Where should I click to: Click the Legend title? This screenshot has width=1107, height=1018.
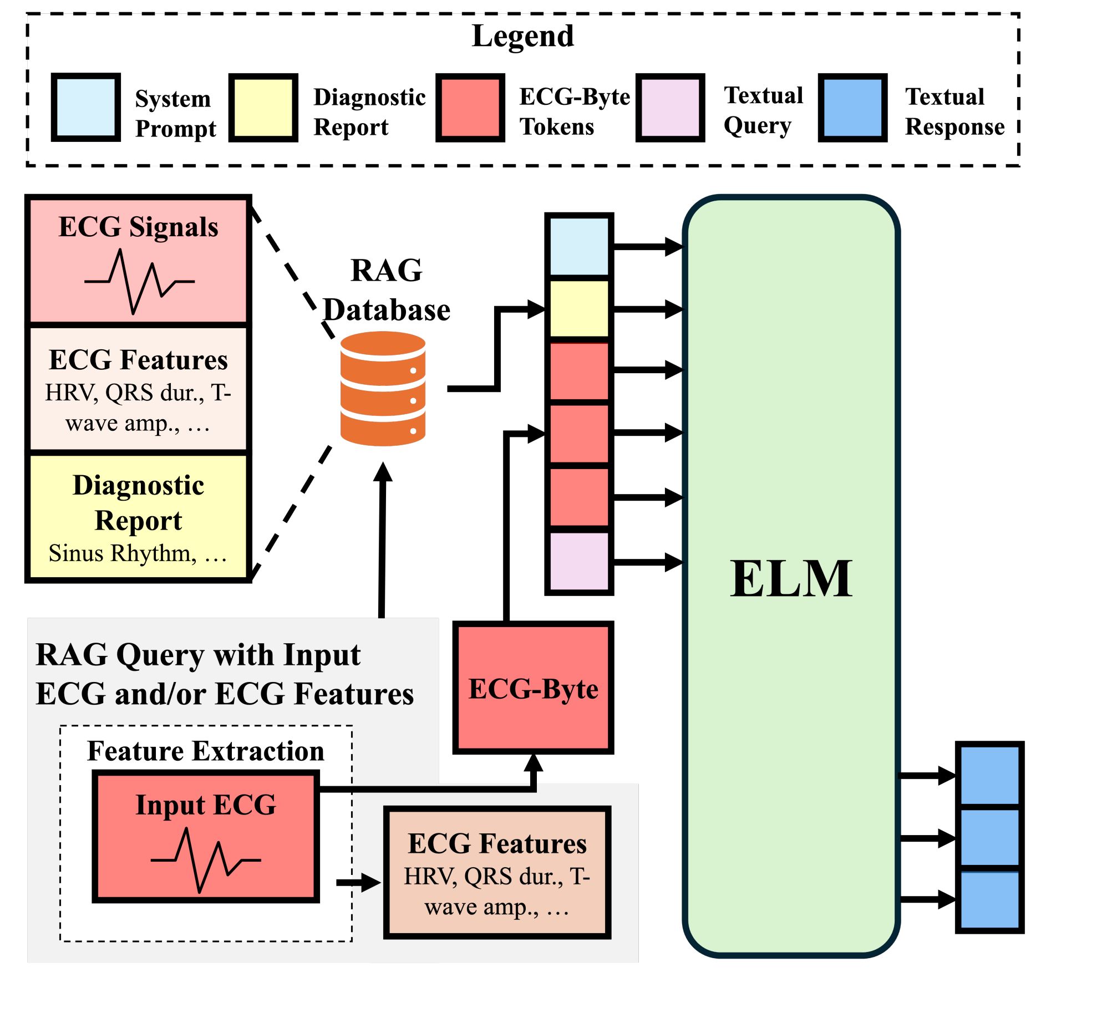522,37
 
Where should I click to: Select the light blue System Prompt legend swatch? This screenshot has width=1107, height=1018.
86,108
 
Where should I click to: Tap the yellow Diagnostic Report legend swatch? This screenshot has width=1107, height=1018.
263,108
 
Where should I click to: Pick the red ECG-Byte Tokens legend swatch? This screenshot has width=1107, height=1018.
470,108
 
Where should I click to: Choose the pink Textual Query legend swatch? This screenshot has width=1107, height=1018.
670,108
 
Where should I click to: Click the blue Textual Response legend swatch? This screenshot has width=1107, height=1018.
852,108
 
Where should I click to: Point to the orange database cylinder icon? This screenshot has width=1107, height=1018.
383,388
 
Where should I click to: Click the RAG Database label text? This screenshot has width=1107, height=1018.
387,290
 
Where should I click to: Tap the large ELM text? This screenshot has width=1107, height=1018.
791,578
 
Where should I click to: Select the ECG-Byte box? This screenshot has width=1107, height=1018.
533,688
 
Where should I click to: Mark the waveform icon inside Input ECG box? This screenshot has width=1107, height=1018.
205,859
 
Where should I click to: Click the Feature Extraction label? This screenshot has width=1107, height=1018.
206,751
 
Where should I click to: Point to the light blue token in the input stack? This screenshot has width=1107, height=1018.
579,246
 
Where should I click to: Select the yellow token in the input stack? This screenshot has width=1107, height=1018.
579,308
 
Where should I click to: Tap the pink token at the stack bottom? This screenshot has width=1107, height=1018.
579,561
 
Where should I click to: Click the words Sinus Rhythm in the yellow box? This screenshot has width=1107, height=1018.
122,553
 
